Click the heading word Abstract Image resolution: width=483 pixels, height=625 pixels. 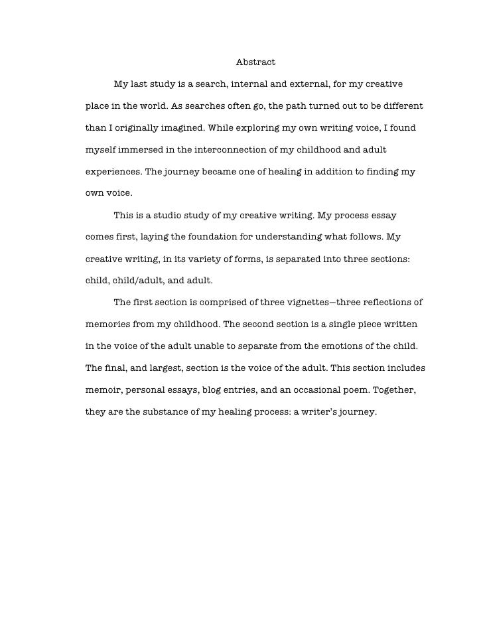pyautogui.click(x=255, y=62)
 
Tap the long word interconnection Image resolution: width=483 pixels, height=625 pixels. pyautogui.click(x=229, y=149)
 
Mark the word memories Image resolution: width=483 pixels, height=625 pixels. pyautogui.click(x=108, y=324)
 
